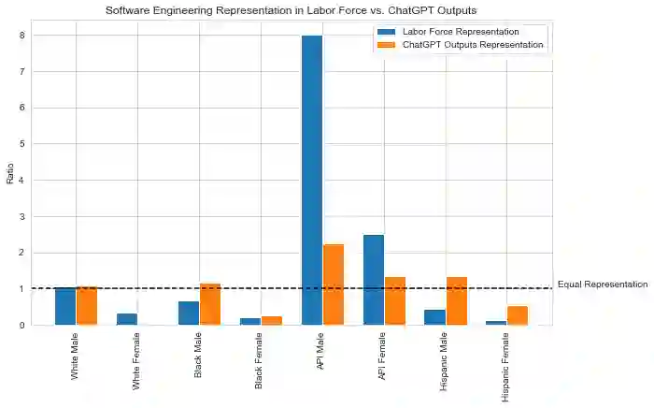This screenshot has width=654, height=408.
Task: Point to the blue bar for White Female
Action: click(127, 319)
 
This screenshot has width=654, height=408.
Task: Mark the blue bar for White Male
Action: click(65, 306)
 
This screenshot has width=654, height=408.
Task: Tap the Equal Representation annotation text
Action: click(602, 284)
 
